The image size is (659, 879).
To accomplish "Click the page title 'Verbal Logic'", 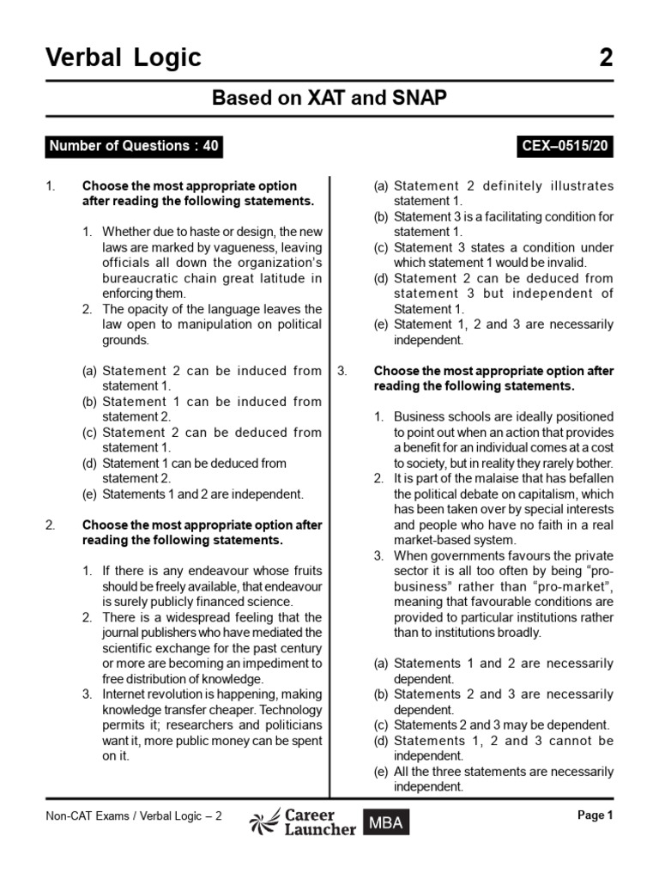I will (x=124, y=58).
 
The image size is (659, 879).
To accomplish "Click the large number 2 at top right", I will (x=607, y=58).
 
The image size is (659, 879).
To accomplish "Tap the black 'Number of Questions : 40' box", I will (x=135, y=146).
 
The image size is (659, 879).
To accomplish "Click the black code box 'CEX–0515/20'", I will (x=565, y=146).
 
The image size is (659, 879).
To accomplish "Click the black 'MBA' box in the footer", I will (x=385, y=823).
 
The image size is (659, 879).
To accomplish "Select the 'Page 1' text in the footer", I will (x=596, y=816).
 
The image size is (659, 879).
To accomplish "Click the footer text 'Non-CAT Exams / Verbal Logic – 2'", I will (x=134, y=816).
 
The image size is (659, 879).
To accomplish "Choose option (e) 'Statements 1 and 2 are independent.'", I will (x=203, y=494).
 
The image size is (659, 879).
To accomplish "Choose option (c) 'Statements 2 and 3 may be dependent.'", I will (x=502, y=724).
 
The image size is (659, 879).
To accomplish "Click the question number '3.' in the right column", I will (x=342, y=371).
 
